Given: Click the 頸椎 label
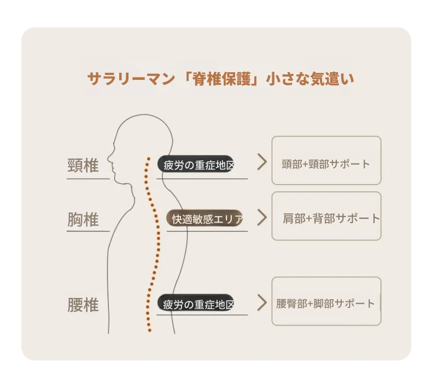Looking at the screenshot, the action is point(83,165).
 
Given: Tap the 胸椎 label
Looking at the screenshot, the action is point(83,219).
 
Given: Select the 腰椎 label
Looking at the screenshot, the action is point(83,305).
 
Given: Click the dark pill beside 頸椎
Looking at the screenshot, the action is point(196,164).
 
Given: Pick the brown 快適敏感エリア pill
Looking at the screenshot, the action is point(205,218).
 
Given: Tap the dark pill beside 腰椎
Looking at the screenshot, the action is point(196,302).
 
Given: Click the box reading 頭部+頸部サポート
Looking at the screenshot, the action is point(326,160).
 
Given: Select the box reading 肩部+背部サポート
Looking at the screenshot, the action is point(326,216).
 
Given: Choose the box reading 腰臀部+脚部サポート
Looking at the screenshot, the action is point(326,301).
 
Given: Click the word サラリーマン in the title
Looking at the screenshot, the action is point(131,79).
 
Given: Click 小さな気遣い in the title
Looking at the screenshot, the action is point(310,79).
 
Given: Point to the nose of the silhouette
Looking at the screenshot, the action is point(108,158).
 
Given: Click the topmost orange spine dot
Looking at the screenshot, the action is point(149,159).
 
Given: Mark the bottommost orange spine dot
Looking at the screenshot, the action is point(150,330).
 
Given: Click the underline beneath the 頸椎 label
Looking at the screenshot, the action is point(88,179).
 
